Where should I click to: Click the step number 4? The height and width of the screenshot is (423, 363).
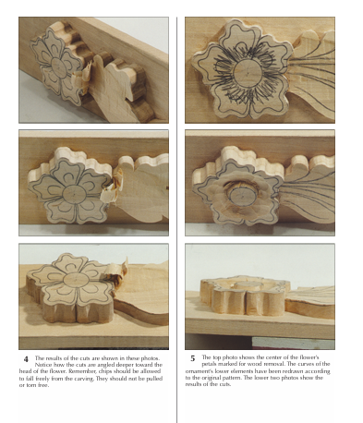tap(26, 358)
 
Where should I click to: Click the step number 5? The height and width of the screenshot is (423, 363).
tap(191, 358)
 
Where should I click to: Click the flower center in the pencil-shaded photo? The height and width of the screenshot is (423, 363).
tap(248, 69)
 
